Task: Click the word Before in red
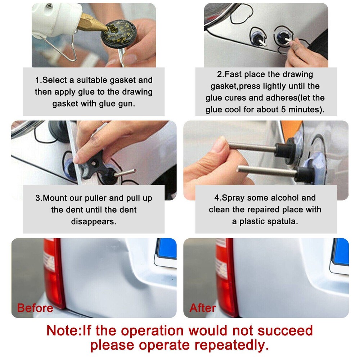[x=35, y=308]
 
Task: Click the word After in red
[x=203, y=308]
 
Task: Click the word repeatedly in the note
[x=227, y=345]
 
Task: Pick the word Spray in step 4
[x=234, y=198]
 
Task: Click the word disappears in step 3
[x=94, y=221]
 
